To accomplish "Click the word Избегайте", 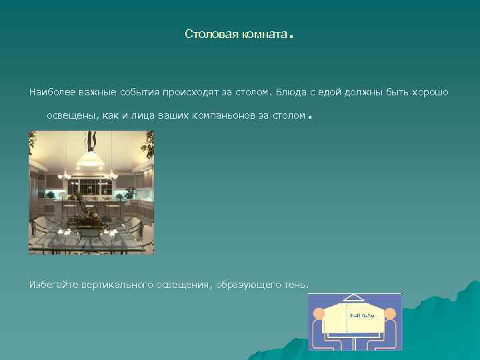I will pyautogui.click(x=53, y=285).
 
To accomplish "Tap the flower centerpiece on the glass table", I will pyautogui.click(x=85, y=213).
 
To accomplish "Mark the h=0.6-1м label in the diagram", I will pyautogui.click(x=362, y=315).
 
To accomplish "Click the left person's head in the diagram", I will pyautogui.click(x=318, y=314).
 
